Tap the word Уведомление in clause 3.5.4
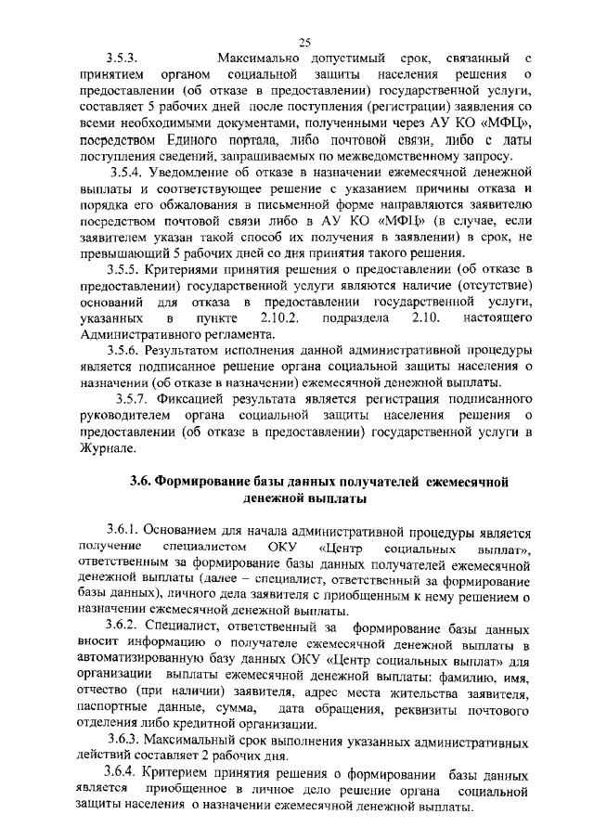[x=192, y=173]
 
